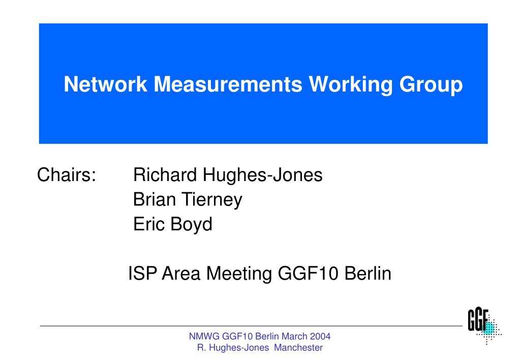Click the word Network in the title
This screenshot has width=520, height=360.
pos(105,84)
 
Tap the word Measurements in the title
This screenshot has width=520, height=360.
pos(228,84)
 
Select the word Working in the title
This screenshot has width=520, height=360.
pos(351,85)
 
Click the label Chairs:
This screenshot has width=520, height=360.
pos(67,174)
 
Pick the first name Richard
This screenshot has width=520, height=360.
pos(165,174)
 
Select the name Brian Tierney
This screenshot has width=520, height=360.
pos(188,200)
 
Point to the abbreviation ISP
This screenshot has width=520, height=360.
pos(143,274)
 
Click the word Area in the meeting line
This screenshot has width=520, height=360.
pos(181,274)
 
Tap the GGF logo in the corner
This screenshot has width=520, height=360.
pos(484,325)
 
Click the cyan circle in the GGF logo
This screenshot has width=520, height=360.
pos(488,328)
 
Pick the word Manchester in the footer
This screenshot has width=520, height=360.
pos(298,348)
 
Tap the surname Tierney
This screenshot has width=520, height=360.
pos(212,200)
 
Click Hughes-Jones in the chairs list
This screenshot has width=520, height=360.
pos(262,175)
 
